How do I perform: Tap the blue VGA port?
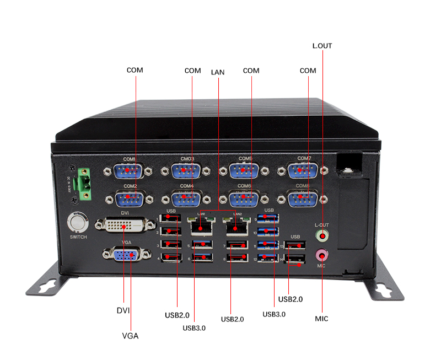pos(125,255)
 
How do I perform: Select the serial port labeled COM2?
pos(130,198)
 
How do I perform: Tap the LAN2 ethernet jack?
pos(237,225)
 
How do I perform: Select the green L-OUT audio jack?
pos(322,237)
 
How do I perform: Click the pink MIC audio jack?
pos(322,255)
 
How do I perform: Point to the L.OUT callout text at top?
pos(322,46)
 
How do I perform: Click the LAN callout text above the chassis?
pos(218,72)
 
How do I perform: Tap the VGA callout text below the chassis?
pos(130,336)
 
